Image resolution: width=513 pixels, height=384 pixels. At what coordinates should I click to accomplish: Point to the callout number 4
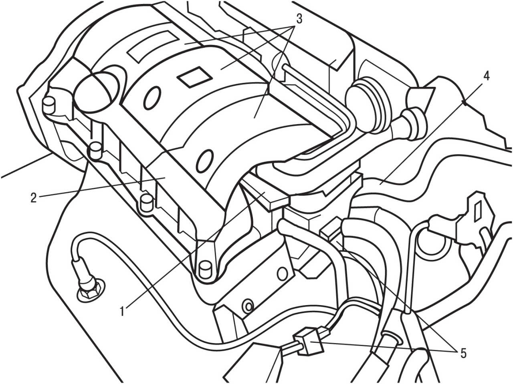(486, 76)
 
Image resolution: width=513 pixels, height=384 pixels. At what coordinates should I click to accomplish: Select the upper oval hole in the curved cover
(152, 98)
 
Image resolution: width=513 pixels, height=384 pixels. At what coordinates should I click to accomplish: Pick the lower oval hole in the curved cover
(204, 161)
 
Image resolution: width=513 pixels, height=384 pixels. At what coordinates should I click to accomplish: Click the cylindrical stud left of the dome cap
(49, 105)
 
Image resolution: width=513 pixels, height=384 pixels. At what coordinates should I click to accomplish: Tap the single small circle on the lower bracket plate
(282, 273)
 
